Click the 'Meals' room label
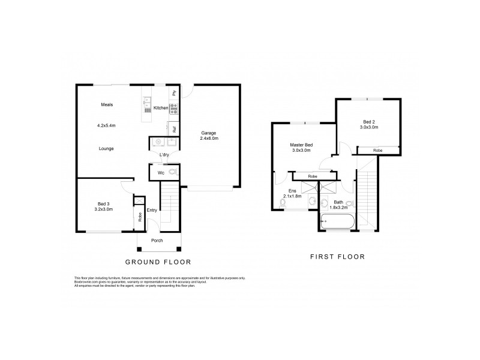point(107,105)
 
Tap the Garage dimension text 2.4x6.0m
point(209,139)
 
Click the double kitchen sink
point(146,106)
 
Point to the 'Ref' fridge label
point(174,128)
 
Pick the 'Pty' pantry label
point(174,93)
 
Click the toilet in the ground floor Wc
point(173,173)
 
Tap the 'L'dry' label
point(164,156)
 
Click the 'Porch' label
point(157,241)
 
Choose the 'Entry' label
point(152,209)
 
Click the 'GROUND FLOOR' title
point(158,262)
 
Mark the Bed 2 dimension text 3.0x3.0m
point(369,127)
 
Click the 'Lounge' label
point(106,148)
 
